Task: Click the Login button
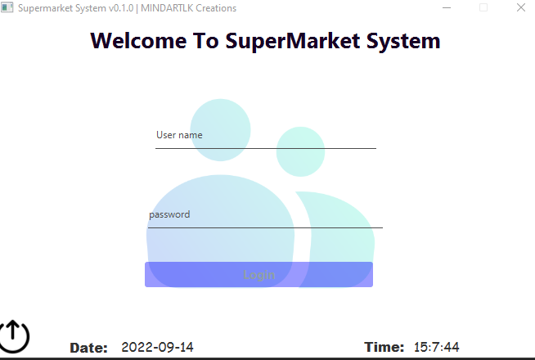click(x=259, y=275)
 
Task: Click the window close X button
click(x=521, y=7)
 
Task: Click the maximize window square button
click(x=483, y=7)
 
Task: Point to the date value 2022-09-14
click(x=157, y=347)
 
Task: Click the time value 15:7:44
click(x=436, y=347)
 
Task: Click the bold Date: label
click(x=88, y=348)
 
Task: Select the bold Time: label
click(x=384, y=347)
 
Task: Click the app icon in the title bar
click(x=7, y=7)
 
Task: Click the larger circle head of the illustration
click(x=220, y=128)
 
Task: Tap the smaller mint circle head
click(x=300, y=151)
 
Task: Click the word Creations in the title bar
click(x=216, y=8)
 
